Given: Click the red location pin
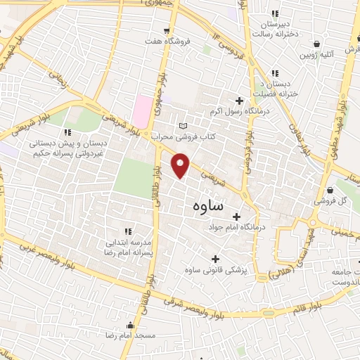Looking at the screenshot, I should (x=181, y=165).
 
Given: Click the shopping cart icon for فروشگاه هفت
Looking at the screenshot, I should (x=167, y=30).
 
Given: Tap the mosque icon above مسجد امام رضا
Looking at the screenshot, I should (x=131, y=325).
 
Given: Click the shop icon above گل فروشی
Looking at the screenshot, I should (x=330, y=190).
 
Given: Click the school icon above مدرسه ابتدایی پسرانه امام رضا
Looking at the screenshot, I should (x=128, y=231).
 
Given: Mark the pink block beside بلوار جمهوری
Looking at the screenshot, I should (x=143, y=111).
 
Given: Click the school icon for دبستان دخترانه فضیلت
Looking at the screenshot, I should (x=275, y=73).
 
